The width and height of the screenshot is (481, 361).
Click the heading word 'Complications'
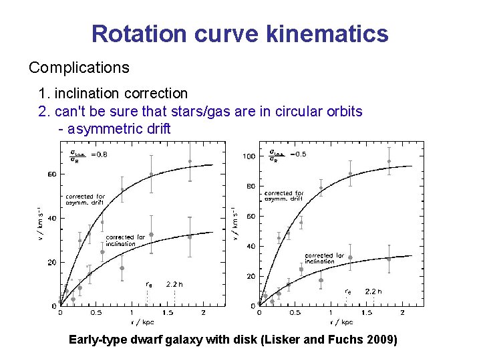click(x=79, y=68)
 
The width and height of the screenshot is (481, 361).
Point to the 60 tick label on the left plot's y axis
click(x=51, y=174)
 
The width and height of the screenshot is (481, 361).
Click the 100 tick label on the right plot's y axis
click(x=249, y=156)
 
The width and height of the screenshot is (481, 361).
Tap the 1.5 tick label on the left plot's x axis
click(x=167, y=312)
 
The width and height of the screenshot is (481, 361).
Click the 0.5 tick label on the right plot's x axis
click(x=295, y=312)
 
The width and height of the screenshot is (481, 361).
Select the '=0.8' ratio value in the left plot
click(x=98, y=155)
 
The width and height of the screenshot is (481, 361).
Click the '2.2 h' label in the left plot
click(x=175, y=284)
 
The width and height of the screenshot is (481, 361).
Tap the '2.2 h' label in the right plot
click(x=374, y=291)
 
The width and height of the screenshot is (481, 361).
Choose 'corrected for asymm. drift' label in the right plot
click(x=284, y=195)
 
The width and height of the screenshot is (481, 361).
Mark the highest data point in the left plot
click(x=190, y=161)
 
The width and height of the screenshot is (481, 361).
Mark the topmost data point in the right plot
click(x=389, y=161)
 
